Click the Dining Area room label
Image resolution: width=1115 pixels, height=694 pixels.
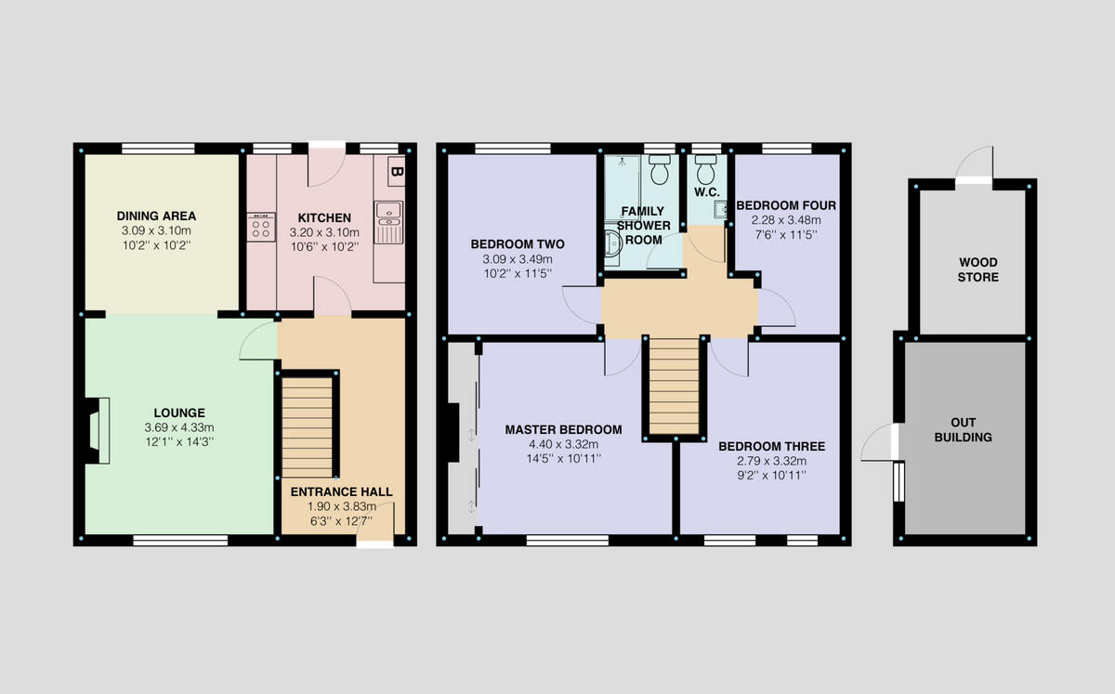click(156, 216)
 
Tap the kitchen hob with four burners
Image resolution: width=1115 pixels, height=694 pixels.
click(260, 227)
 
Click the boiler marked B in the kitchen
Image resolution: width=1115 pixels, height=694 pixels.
click(396, 171)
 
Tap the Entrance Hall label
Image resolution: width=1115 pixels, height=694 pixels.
click(341, 491)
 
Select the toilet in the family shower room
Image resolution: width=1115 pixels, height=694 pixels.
click(661, 171)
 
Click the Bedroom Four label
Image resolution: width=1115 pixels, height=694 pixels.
click(786, 205)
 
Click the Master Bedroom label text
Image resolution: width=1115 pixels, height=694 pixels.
click(563, 429)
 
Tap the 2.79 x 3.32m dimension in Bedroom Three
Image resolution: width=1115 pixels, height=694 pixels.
click(770, 461)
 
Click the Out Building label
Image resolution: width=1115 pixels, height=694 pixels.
click(963, 429)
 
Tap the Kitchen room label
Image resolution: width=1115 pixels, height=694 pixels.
click(324, 217)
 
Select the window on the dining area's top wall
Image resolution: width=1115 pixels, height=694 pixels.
click(158, 148)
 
